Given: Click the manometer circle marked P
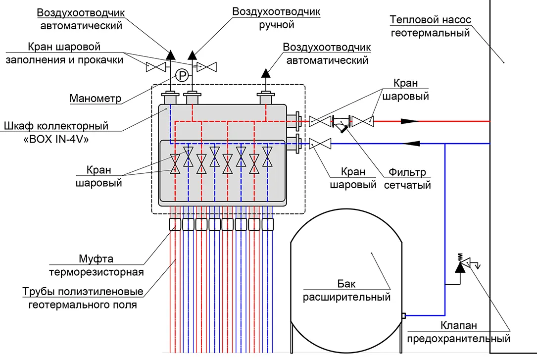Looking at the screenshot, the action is pyautogui.click(x=182, y=75).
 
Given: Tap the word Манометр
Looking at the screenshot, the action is pyautogui.click(x=95, y=99).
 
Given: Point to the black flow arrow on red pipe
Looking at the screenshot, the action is pyautogui.click(x=410, y=121).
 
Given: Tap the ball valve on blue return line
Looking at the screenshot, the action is pyautogui.click(x=320, y=144).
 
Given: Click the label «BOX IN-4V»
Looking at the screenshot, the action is pyautogui.click(x=56, y=140).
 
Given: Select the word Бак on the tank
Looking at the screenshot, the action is pyautogui.click(x=346, y=284).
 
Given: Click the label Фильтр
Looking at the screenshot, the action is pyautogui.click(x=407, y=172).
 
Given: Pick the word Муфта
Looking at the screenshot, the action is pyautogui.click(x=96, y=258).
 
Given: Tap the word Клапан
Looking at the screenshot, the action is pyautogui.click(x=459, y=325).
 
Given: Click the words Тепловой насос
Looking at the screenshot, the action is pyautogui.click(x=431, y=20).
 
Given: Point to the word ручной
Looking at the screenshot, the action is pyautogui.click(x=277, y=25).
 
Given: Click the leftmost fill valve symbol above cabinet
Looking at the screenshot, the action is pyautogui.click(x=156, y=67).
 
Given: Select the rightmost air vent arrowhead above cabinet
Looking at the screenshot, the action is pyautogui.click(x=265, y=73).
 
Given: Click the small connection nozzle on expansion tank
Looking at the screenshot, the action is pyautogui.click(x=403, y=315).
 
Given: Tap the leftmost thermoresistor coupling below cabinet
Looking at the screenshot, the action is pyautogui.click(x=175, y=224).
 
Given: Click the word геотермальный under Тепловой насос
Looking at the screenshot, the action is pyautogui.click(x=430, y=33).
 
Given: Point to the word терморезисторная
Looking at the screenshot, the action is pyautogui.click(x=96, y=272).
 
